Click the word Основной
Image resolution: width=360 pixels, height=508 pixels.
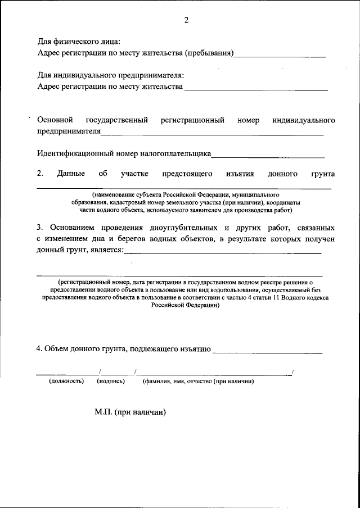(55, 120)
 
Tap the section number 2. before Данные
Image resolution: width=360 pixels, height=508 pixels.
(40, 174)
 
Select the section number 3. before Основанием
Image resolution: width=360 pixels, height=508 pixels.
(40, 228)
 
